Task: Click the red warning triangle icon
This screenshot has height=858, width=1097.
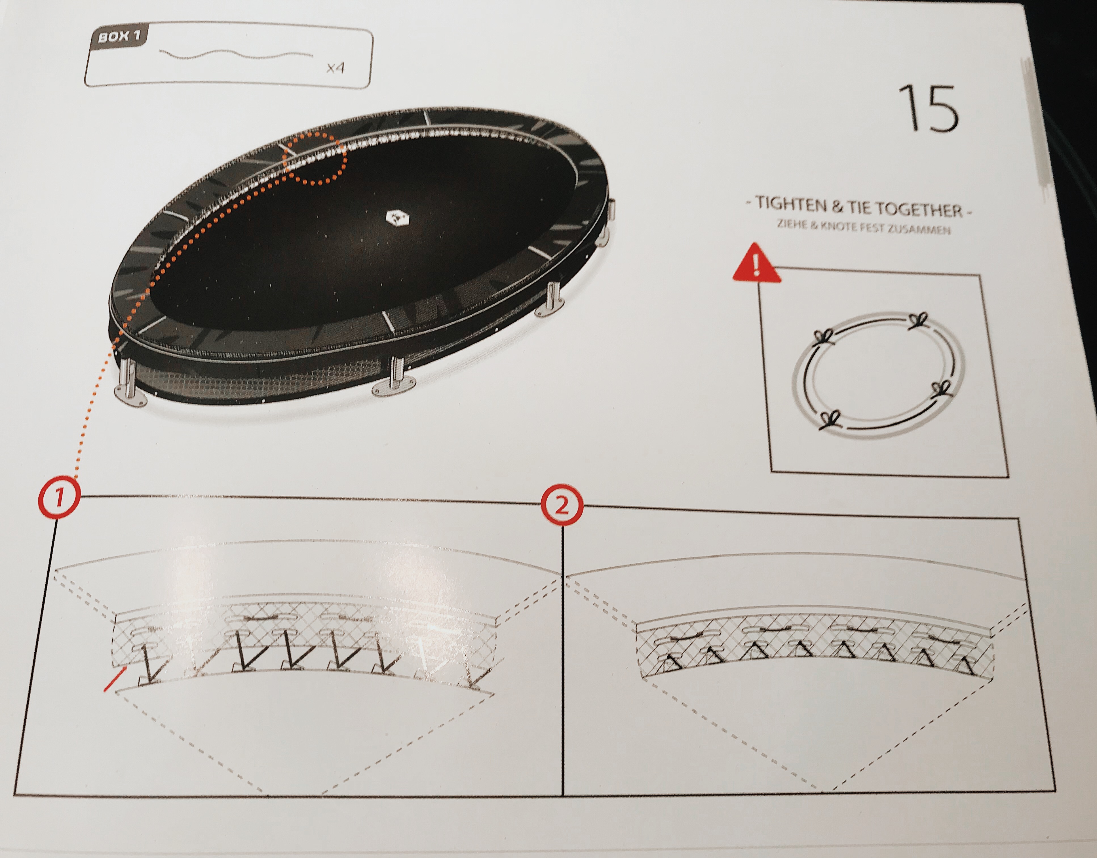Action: click(x=756, y=263)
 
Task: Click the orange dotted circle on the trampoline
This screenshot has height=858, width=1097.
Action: click(x=315, y=159)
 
